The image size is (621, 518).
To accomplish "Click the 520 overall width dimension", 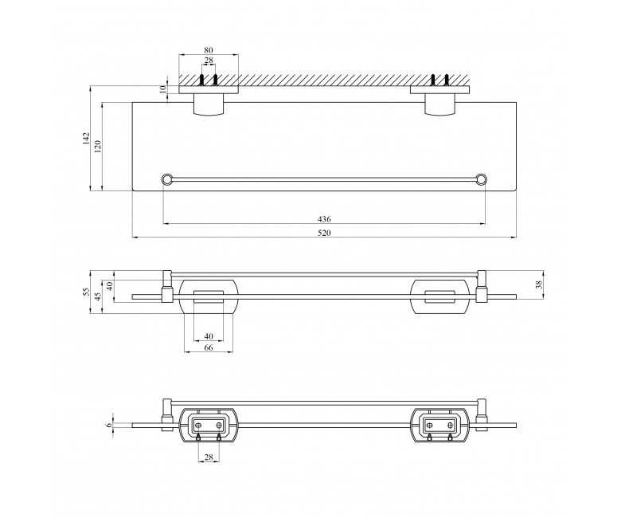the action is click(x=324, y=233).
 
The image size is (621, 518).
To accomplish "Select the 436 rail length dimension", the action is click(x=324, y=219).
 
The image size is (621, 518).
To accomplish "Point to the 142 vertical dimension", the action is click(x=87, y=139).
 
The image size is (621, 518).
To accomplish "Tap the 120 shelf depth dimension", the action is click(x=99, y=147).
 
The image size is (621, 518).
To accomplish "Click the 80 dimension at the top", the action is click(x=209, y=50).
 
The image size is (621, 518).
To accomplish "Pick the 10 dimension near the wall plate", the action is click(x=162, y=89).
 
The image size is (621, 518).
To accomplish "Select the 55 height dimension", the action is click(x=87, y=292).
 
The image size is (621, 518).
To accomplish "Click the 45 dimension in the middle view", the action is click(x=99, y=296).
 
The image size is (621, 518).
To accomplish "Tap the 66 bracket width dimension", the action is click(x=209, y=347).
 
